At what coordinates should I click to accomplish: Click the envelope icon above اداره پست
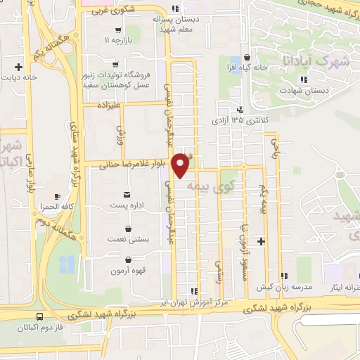pos(127,193)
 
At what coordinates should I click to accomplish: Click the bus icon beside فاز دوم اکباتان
pos(39,317)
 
